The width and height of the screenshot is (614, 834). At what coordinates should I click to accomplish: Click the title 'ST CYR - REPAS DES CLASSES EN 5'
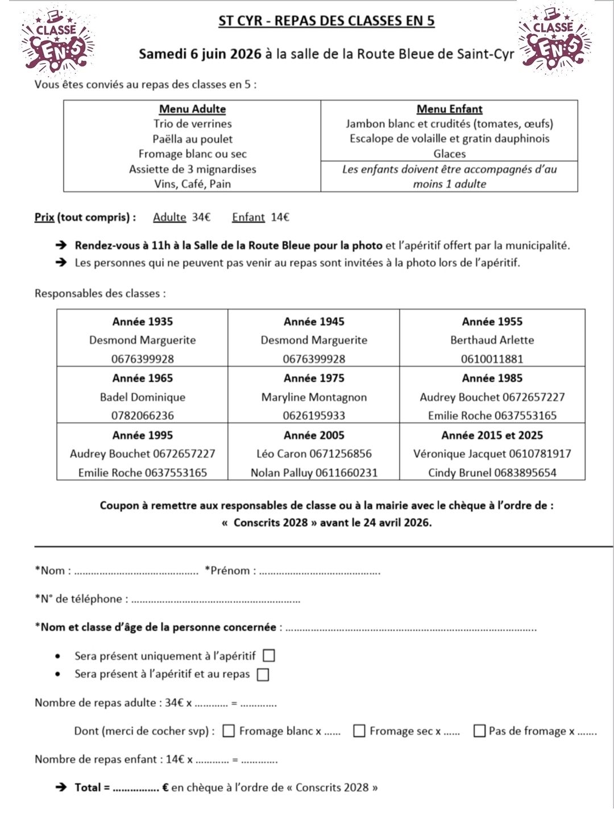[x=326, y=21]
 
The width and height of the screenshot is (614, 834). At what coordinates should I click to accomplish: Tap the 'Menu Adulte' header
[x=192, y=109]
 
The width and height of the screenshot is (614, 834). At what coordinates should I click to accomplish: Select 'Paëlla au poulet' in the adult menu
[x=192, y=139]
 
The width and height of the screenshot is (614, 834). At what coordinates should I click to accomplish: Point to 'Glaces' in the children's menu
[x=449, y=154]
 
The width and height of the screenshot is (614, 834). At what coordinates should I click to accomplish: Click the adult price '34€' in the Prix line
[x=201, y=217]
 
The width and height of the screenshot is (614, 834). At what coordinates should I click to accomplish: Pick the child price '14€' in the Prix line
[x=280, y=217]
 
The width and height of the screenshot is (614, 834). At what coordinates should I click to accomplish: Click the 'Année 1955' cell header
[x=492, y=322]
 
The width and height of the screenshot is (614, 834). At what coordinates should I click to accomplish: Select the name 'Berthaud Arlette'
[x=492, y=340]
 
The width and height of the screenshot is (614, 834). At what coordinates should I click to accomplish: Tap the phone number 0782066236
[x=142, y=416]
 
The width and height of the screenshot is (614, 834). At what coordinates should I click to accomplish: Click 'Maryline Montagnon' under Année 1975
[x=314, y=397]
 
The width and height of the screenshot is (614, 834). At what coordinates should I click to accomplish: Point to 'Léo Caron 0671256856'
[x=314, y=454]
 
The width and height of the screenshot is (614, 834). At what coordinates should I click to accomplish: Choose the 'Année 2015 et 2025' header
[x=492, y=435]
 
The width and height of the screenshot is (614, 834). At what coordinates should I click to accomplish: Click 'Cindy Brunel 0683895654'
[x=492, y=473]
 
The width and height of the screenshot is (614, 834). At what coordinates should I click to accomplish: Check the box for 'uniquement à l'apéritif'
[x=269, y=656]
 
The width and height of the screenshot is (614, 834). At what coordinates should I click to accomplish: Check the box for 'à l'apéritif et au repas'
[x=263, y=675]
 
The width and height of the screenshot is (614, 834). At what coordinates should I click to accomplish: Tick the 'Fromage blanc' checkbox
[x=228, y=731]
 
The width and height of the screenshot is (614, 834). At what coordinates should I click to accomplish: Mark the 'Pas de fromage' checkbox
[x=479, y=731]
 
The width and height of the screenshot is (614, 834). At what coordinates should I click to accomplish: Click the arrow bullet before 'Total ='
[x=61, y=787]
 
